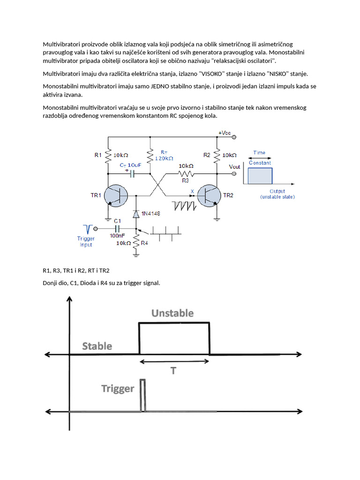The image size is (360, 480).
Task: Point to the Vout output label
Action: (234, 167)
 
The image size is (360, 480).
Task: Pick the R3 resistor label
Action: (186, 180)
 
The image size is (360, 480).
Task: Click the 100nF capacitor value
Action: (117, 236)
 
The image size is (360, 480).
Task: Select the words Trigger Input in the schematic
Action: (85, 241)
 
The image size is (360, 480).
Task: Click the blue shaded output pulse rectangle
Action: (260, 175)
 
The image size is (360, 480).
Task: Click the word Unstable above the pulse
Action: (172, 313)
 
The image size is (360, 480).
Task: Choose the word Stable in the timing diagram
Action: (97, 346)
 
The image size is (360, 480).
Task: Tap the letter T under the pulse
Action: (173, 371)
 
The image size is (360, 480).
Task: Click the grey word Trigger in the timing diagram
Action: (118, 389)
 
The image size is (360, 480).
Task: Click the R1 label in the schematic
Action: (98, 155)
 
